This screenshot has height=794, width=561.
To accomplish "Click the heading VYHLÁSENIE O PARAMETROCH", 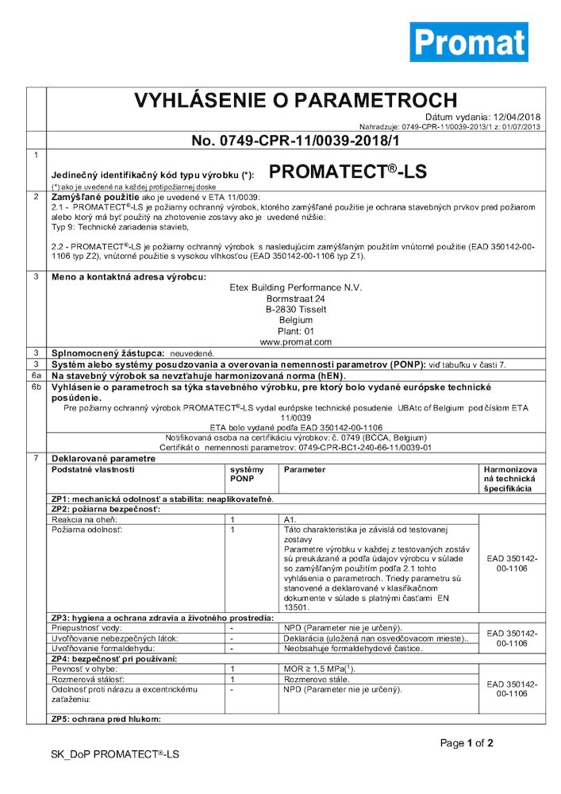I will pyautogui.click(x=295, y=101).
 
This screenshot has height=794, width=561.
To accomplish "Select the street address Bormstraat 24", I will pyautogui.click(x=285, y=298).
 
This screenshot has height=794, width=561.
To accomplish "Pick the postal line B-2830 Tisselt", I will pyautogui.click(x=285, y=309).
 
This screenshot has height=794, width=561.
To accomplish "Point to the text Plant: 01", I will pyautogui.click(x=285, y=331).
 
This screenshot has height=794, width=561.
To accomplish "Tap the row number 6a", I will pyautogui.click(x=36, y=374).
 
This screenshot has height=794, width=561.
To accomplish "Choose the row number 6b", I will pyautogui.click(x=36, y=385).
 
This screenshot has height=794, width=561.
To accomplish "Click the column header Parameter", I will pyautogui.click(x=305, y=469).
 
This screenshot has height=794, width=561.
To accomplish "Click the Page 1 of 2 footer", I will pyautogui.click(x=467, y=743).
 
